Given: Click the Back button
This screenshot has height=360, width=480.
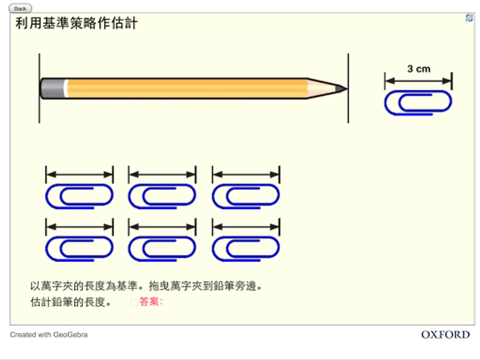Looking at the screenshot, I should (20, 8).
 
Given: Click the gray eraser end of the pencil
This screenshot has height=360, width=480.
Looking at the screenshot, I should (52, 88).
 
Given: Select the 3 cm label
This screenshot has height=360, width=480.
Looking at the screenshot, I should (418, 69).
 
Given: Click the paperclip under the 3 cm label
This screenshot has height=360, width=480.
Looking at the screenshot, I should (418, 103).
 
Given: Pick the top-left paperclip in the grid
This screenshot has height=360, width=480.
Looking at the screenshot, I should (79, 197).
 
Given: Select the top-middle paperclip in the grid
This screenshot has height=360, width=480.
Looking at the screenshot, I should (162, 197).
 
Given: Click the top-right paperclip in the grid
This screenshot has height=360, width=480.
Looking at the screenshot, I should (246, 197).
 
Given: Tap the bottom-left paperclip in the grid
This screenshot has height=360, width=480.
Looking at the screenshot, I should (79, 249).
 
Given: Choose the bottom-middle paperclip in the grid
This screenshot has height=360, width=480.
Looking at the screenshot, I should (162, 249).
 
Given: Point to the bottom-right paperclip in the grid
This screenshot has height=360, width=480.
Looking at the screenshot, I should (246, 249).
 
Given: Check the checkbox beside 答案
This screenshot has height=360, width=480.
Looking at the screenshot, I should (134, 303).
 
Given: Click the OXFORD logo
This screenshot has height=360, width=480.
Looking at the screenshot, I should (445, 335).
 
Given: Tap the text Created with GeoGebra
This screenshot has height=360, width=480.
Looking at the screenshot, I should (48, 335).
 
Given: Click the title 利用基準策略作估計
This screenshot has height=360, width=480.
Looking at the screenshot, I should (76, 24).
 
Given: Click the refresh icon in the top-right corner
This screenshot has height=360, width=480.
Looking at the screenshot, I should (469, 18).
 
